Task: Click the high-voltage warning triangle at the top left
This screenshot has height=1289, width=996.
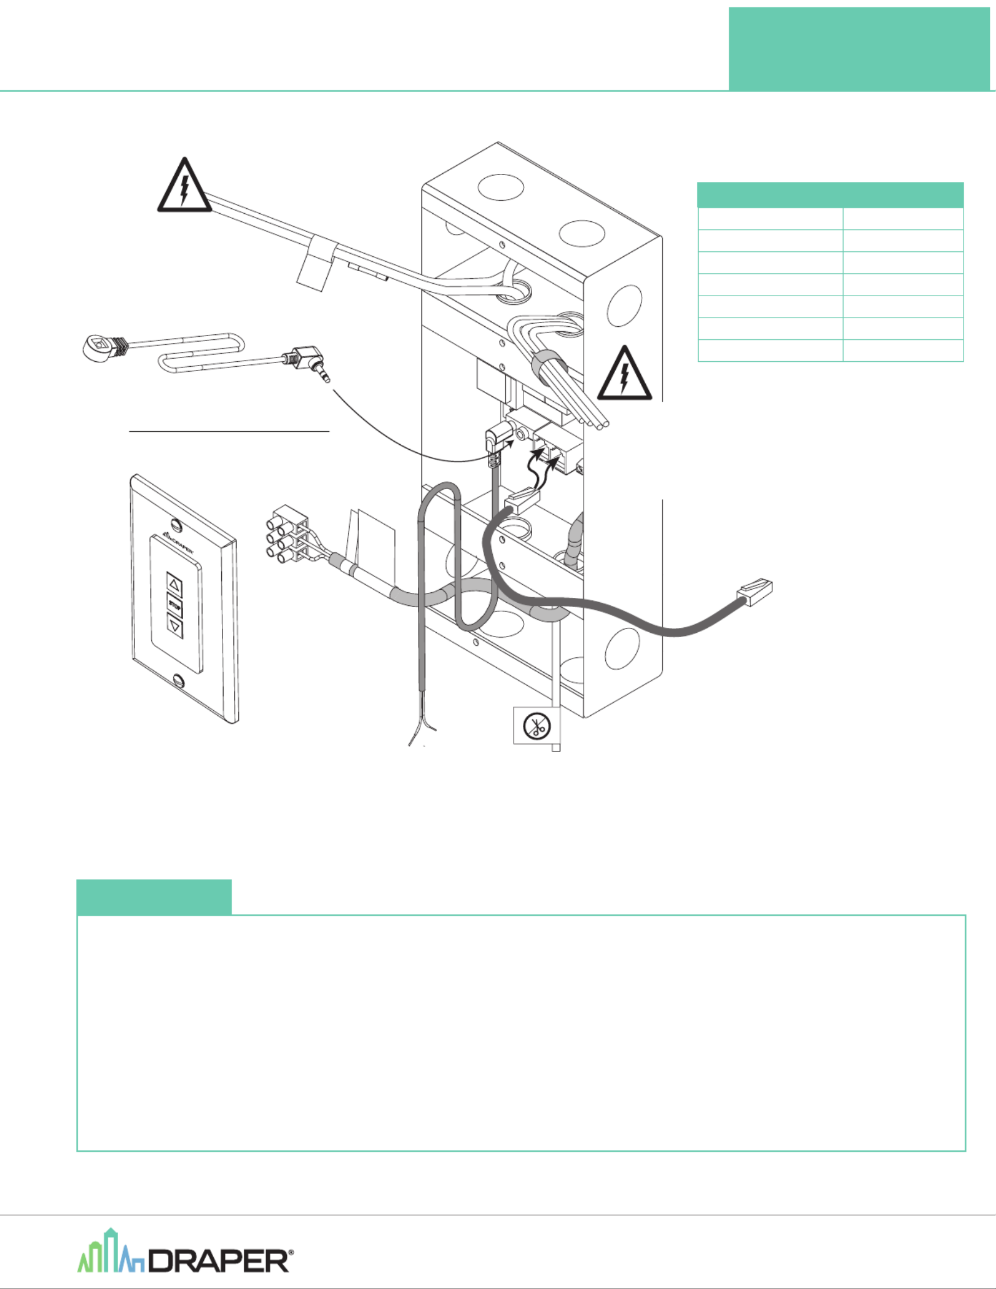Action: [184, 186]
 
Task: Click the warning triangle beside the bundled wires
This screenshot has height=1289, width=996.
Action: [624, 374]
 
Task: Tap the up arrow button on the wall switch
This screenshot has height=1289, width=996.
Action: [174, 584]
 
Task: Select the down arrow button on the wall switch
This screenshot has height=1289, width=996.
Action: [176, 626]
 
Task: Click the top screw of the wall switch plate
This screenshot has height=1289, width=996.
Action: [177, 525]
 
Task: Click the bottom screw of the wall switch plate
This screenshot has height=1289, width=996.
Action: [179, 680]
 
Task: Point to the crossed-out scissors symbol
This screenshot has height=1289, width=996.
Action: [536, 726]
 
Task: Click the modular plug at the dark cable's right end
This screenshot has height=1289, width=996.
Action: [755, 592]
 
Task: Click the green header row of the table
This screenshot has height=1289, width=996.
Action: [830, 195]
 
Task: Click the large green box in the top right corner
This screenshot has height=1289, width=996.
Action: [859, 49]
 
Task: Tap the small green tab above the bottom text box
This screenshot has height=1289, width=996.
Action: [154, 896]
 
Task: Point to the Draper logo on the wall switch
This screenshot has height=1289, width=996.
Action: [179, 543]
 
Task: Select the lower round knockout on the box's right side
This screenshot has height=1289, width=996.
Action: [622, 648]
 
